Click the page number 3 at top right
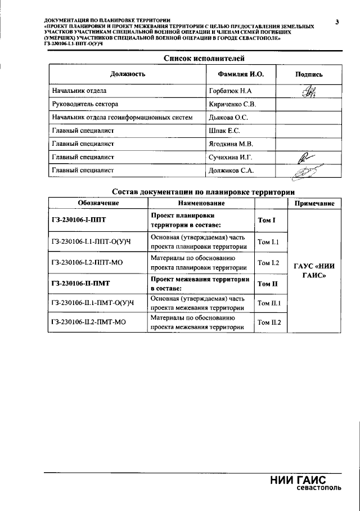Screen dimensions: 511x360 tap(336, 22)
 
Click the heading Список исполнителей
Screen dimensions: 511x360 tap(204, 58)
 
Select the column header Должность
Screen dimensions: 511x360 tap(128, 74)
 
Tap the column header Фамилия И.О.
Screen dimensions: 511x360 tap(240, 74)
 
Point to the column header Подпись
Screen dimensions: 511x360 tap(309, 74)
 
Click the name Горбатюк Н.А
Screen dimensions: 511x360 tap(230, 91)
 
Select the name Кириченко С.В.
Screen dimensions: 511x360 tap(232, 104)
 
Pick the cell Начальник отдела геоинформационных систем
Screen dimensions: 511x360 tap(122, 118)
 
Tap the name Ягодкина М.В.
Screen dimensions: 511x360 tap(231, 144)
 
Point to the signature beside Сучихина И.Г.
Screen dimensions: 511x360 tap(307, 158)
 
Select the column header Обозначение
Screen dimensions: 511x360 tap(98, 203)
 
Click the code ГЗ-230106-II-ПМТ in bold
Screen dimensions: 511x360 tap(80, 284)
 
